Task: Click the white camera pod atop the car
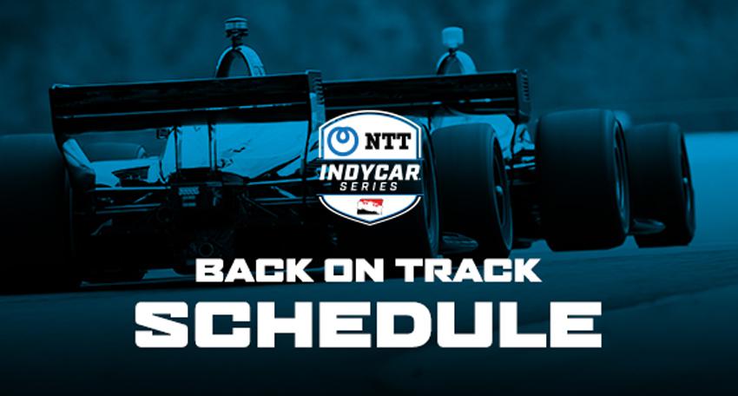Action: [x=451, y=36]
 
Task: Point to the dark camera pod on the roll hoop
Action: [x=235, y=27]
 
